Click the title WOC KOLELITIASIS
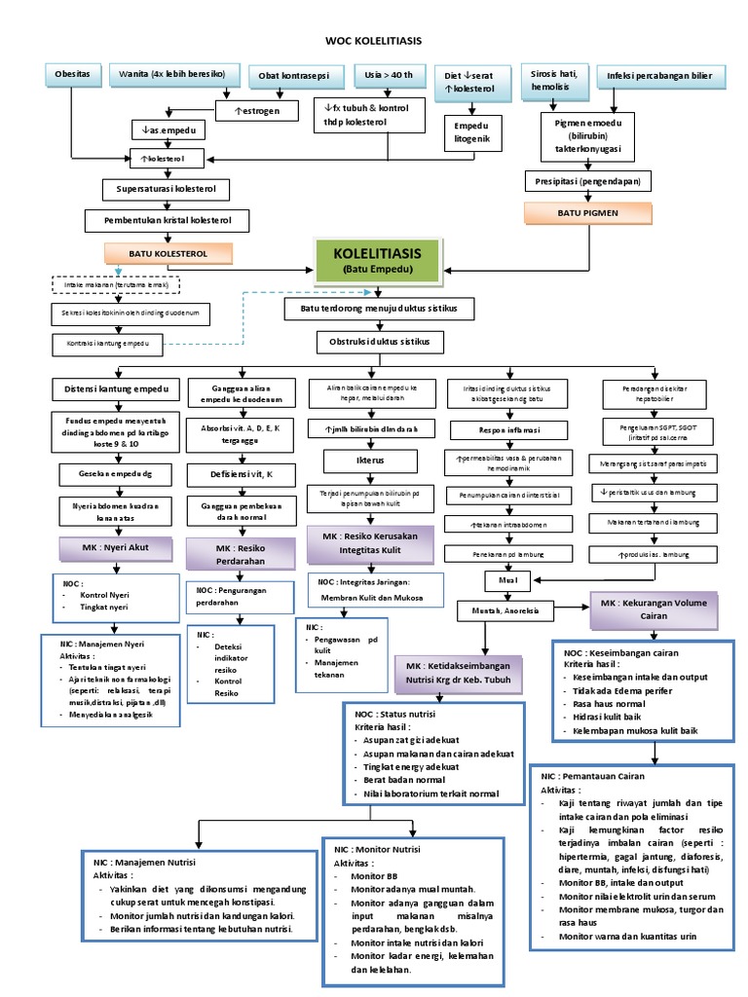[373, 42]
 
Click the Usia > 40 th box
[381, 75]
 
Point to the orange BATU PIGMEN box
[587, 211]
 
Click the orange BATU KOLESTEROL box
[168, 254]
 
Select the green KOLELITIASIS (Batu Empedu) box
[376, 261]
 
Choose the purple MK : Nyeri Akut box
[116, 548]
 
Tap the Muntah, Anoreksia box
[505, 610]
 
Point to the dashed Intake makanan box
[116, 284]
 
